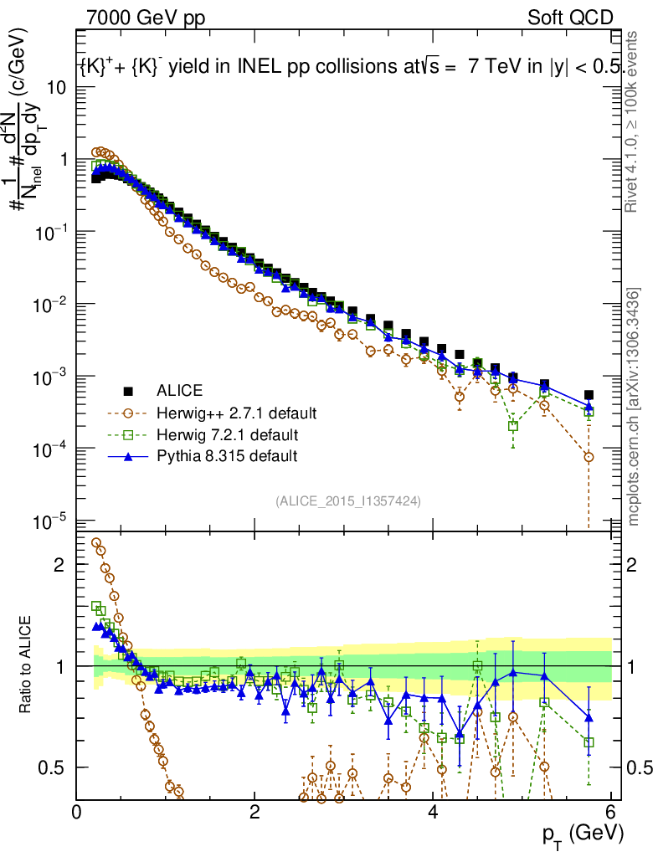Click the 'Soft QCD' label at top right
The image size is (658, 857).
coord(570,17)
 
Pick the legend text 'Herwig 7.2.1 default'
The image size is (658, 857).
coord(229,434)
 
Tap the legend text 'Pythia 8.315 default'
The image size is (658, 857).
coord(227,456)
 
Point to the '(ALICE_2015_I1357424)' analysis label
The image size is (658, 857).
coord(347,500)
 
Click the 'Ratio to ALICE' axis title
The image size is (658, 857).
coord(28,665)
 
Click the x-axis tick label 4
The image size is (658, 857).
coord(433,813)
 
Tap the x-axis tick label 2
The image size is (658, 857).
coord(254,813)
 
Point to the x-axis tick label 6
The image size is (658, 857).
coord(611,813)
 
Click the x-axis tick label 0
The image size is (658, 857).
coord(76,813)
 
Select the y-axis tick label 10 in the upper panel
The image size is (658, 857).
coord(57,87)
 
